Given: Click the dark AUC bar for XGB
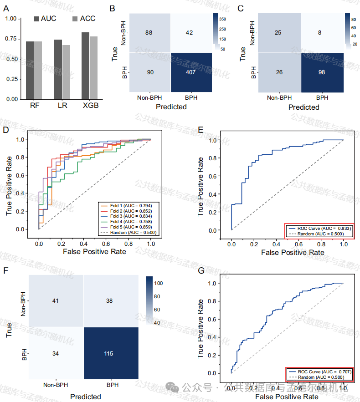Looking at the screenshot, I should (85, 66).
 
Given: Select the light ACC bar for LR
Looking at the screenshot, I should (67, 72).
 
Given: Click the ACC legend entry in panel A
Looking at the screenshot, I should (84, 19).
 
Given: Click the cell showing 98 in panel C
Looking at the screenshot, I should (322, 72).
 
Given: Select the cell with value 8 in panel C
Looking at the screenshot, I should (322, 32).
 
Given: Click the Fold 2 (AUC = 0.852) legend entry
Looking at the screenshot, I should (126, 211).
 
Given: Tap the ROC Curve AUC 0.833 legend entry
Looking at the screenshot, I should (320, 228).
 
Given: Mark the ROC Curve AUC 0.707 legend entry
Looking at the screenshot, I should (320, 372).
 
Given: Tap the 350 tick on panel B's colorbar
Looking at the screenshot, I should (223, 20).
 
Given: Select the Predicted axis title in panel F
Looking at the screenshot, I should (85, 397).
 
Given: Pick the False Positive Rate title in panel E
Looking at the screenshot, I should (289, 252).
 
